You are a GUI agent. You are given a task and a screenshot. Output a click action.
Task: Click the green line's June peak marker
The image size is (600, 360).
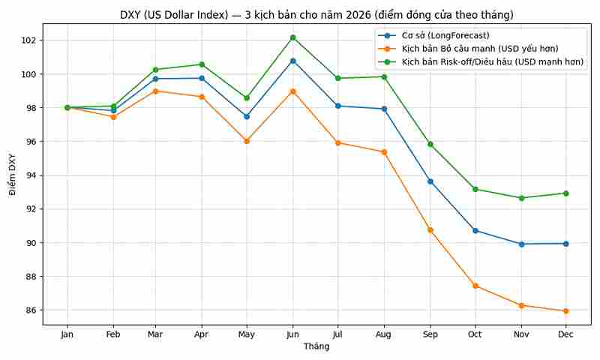(292, 37)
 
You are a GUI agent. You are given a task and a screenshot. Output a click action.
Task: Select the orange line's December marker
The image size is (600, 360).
(565, 311)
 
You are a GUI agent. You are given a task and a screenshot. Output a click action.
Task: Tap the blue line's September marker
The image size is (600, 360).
(430, 181)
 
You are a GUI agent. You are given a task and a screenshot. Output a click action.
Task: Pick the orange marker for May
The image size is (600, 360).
(247, 141)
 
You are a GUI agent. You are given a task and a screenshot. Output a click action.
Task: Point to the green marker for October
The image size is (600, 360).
(475, 189)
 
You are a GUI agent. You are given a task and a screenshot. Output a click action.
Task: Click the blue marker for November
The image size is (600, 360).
(521, 244)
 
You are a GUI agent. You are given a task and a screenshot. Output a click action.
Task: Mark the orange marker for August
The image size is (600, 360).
(384, 152)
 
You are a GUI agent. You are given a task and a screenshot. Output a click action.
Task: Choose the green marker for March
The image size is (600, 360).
(155, 70)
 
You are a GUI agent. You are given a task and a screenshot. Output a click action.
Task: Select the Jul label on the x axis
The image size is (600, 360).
(338, 334)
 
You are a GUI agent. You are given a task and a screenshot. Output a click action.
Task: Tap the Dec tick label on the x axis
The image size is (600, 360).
(565, 334)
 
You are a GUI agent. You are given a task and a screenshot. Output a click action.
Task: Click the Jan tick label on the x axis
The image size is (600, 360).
(67, 334)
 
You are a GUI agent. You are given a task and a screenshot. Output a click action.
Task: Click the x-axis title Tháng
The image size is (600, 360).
(316, 346)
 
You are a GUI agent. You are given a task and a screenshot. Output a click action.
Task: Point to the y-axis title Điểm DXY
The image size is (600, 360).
(11, 175)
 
